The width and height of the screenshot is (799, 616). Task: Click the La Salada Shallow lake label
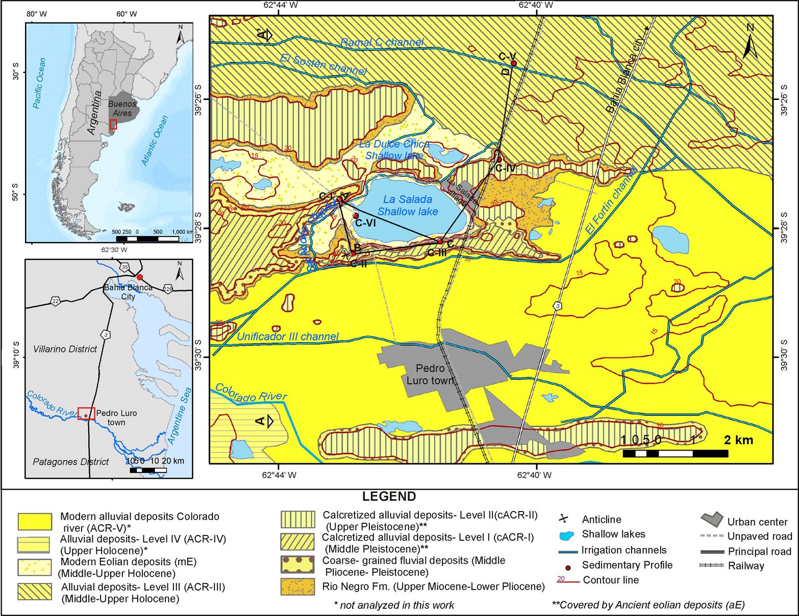408,206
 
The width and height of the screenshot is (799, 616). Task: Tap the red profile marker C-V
514,63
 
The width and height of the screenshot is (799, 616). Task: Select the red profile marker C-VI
356,216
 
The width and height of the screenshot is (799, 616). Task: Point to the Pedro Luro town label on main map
430,374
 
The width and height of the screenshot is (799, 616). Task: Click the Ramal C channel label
382,42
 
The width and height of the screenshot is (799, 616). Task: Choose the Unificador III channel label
288,337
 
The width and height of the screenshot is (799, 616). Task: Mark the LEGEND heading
389,496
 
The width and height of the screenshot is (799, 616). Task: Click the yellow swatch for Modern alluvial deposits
35,522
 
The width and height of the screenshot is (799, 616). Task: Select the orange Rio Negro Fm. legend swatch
297,586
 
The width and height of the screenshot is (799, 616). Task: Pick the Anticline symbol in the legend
563,519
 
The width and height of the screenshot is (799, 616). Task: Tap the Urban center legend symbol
712,520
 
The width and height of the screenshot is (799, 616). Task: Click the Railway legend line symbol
712,566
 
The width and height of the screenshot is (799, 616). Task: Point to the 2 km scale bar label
738,440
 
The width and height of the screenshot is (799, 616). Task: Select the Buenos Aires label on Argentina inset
122,109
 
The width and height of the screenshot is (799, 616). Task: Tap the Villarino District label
65,349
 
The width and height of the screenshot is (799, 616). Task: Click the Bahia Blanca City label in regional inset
128,292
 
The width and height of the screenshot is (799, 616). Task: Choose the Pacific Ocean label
39,83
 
